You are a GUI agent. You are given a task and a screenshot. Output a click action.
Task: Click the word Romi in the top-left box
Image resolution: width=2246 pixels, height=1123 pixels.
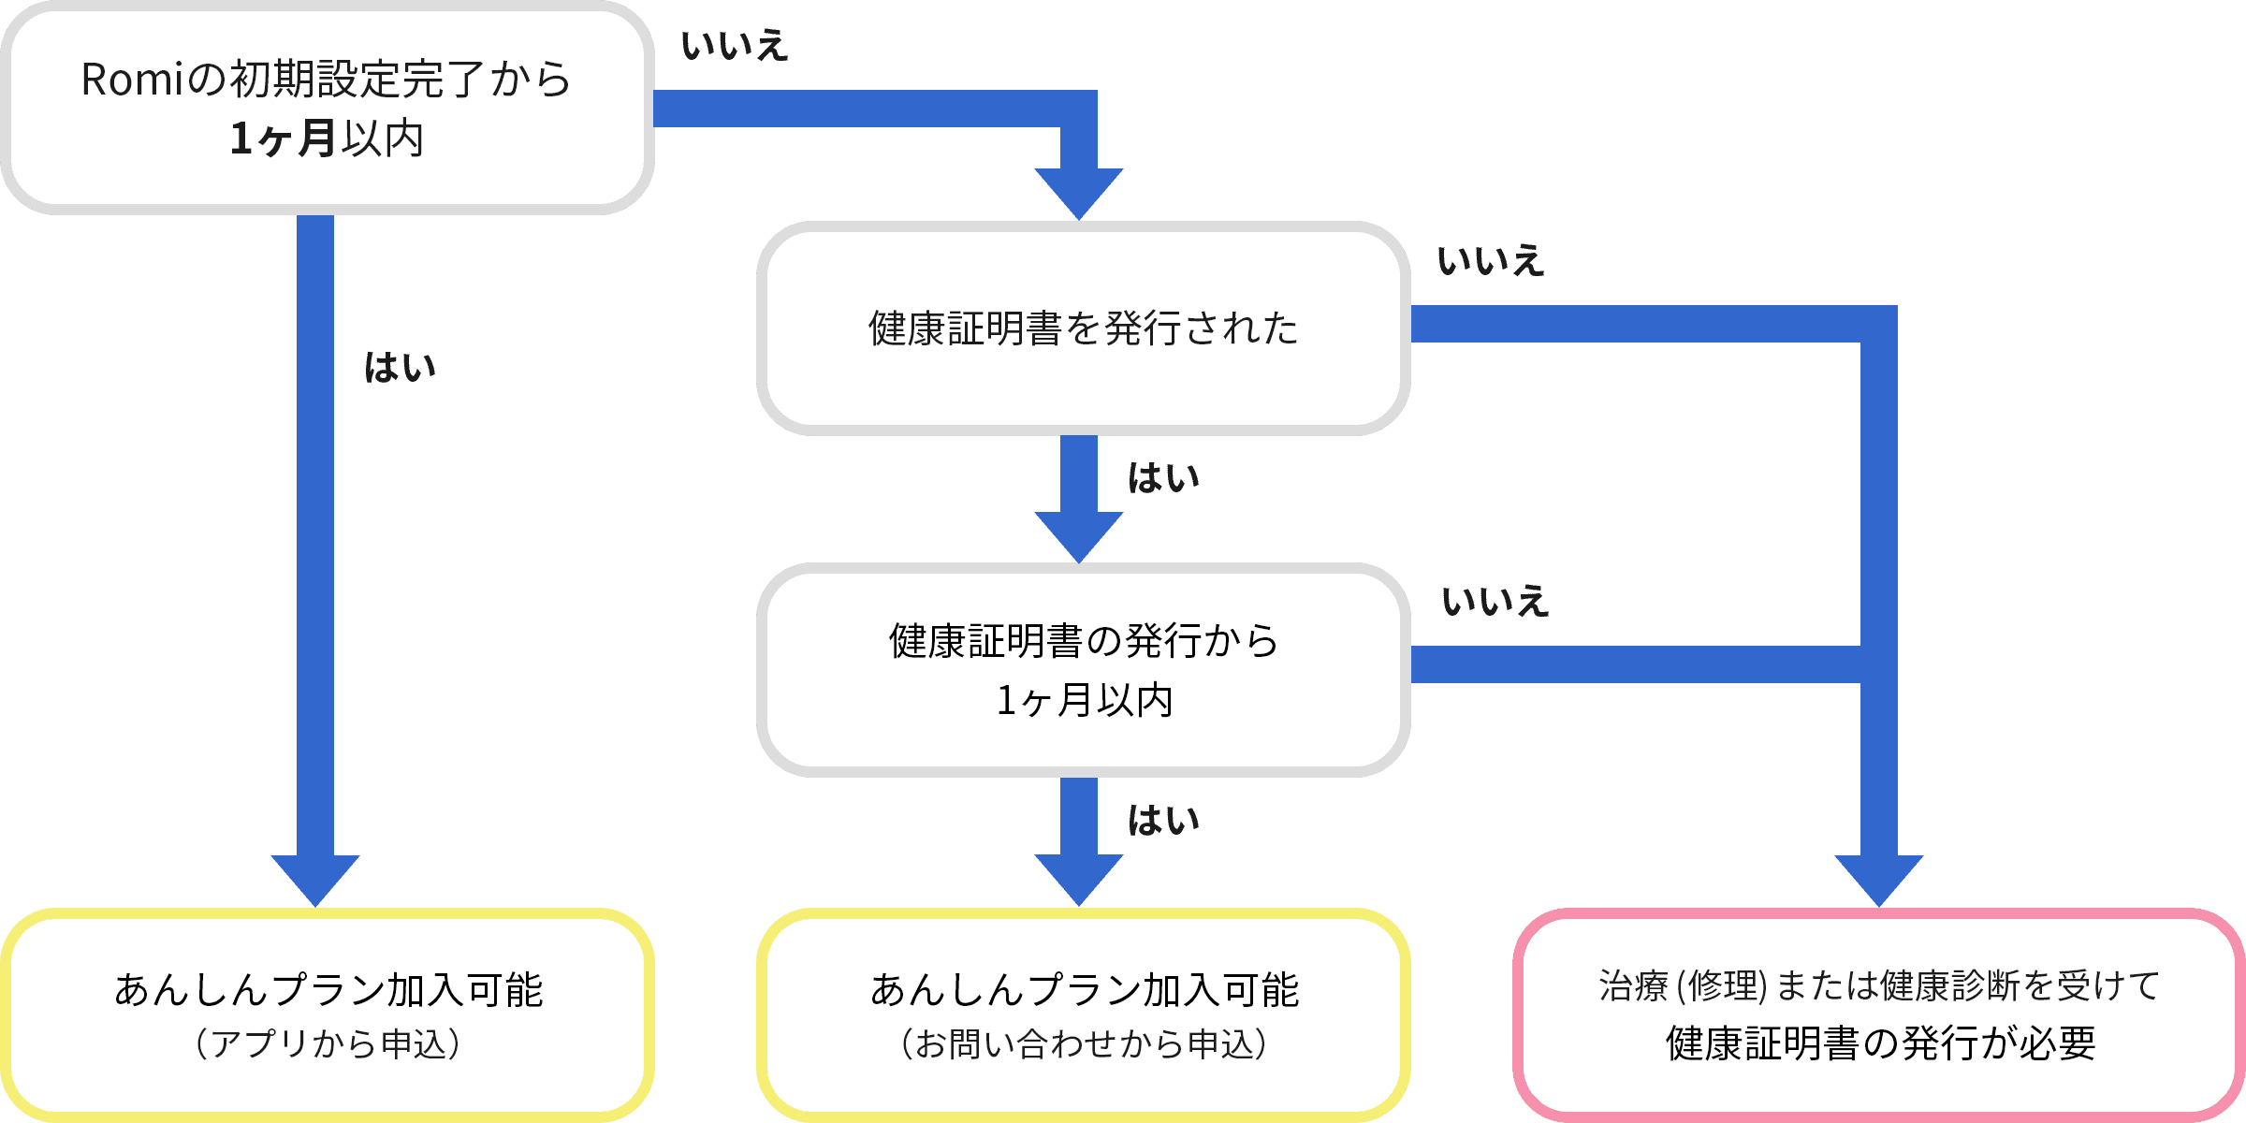coord(131,80)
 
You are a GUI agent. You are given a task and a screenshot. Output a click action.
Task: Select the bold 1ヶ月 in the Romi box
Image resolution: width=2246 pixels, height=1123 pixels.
coord(283,139)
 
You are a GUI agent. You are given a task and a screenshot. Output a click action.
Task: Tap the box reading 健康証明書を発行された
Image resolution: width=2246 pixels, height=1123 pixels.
coord(1083,328)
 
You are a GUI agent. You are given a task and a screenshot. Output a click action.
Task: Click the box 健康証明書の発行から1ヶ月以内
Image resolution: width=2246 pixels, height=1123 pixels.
coord(1083,670)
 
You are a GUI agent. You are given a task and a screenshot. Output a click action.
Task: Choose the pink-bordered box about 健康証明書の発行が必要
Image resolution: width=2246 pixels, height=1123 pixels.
coord(1879,1015)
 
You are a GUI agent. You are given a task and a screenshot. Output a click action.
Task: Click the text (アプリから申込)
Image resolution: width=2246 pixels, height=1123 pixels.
coord(328,1044)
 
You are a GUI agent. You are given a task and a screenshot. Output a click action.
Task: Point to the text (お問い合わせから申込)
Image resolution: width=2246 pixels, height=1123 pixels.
coord(1084,1044)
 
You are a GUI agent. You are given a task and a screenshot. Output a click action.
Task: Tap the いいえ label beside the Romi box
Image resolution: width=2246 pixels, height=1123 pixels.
coord(735,46)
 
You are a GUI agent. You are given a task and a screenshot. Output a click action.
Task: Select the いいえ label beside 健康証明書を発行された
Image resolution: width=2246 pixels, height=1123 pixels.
coord(1491,260)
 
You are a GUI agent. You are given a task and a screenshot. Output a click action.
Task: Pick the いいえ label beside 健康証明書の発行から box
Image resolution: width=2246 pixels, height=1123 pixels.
coord(1495,601)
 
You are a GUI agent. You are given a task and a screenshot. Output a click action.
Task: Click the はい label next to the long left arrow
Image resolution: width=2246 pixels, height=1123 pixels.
coord(401,368)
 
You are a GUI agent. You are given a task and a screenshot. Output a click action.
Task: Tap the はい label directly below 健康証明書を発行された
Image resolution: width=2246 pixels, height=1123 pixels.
coord(1163,478)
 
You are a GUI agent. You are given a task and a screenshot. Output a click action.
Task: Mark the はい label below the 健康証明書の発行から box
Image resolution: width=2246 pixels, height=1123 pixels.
coord(1163,821)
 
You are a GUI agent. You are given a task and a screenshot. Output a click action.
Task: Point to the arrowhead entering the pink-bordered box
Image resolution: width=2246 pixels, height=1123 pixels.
coord(1879,880)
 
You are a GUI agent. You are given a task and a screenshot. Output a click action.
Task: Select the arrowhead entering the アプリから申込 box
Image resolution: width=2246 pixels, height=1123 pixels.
coord(315,880)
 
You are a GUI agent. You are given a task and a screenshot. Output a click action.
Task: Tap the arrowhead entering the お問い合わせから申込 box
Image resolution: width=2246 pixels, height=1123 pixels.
coord(1079,880)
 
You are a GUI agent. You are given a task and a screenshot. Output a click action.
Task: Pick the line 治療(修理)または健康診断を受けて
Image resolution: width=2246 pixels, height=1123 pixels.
coord(1879,986)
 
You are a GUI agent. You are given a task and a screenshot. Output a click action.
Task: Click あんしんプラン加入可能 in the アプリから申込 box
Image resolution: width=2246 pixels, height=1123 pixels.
coord(328,990)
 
